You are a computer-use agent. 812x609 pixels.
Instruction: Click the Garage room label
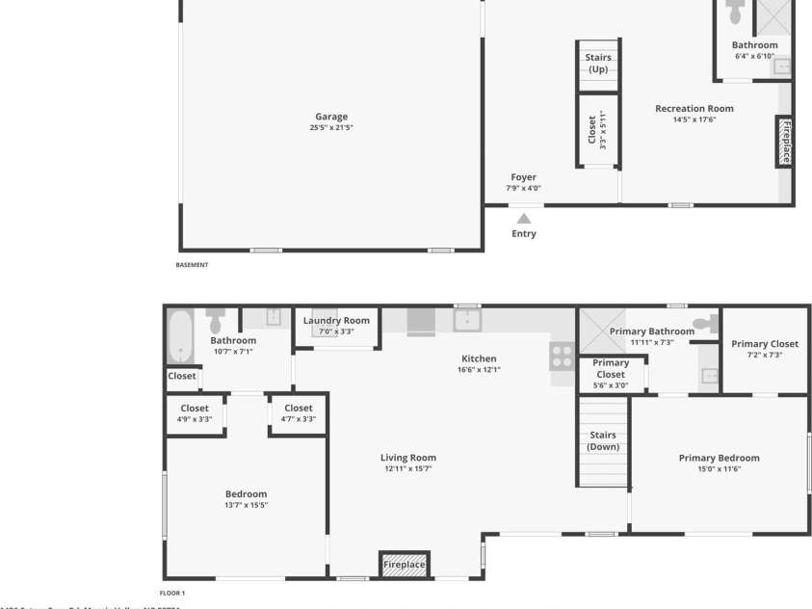(331, 118)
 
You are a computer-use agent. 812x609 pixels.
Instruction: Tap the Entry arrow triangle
(524, 220)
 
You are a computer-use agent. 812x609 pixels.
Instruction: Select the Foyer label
(523, 177)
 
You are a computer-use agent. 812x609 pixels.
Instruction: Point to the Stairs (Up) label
(598, 64)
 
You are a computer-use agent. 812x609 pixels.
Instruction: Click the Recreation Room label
(694, 109)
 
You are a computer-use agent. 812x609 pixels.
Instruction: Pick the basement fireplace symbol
(785, 142)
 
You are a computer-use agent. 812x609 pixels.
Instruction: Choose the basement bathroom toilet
(736, 12)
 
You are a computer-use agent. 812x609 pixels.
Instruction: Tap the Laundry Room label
(336, 321)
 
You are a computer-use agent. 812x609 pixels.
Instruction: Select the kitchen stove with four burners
(562, 356)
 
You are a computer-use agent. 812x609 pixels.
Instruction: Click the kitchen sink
(467, 320)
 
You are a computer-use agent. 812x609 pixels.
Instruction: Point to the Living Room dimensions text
(408, 469)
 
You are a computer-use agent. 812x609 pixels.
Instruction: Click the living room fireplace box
(405, 565)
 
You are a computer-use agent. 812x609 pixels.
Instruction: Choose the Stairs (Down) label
(603, 441)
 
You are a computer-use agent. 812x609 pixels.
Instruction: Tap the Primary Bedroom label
(719, 458)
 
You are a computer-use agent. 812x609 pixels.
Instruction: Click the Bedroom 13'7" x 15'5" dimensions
(246, 505)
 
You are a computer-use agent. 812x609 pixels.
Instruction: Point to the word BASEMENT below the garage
(192, 265)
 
